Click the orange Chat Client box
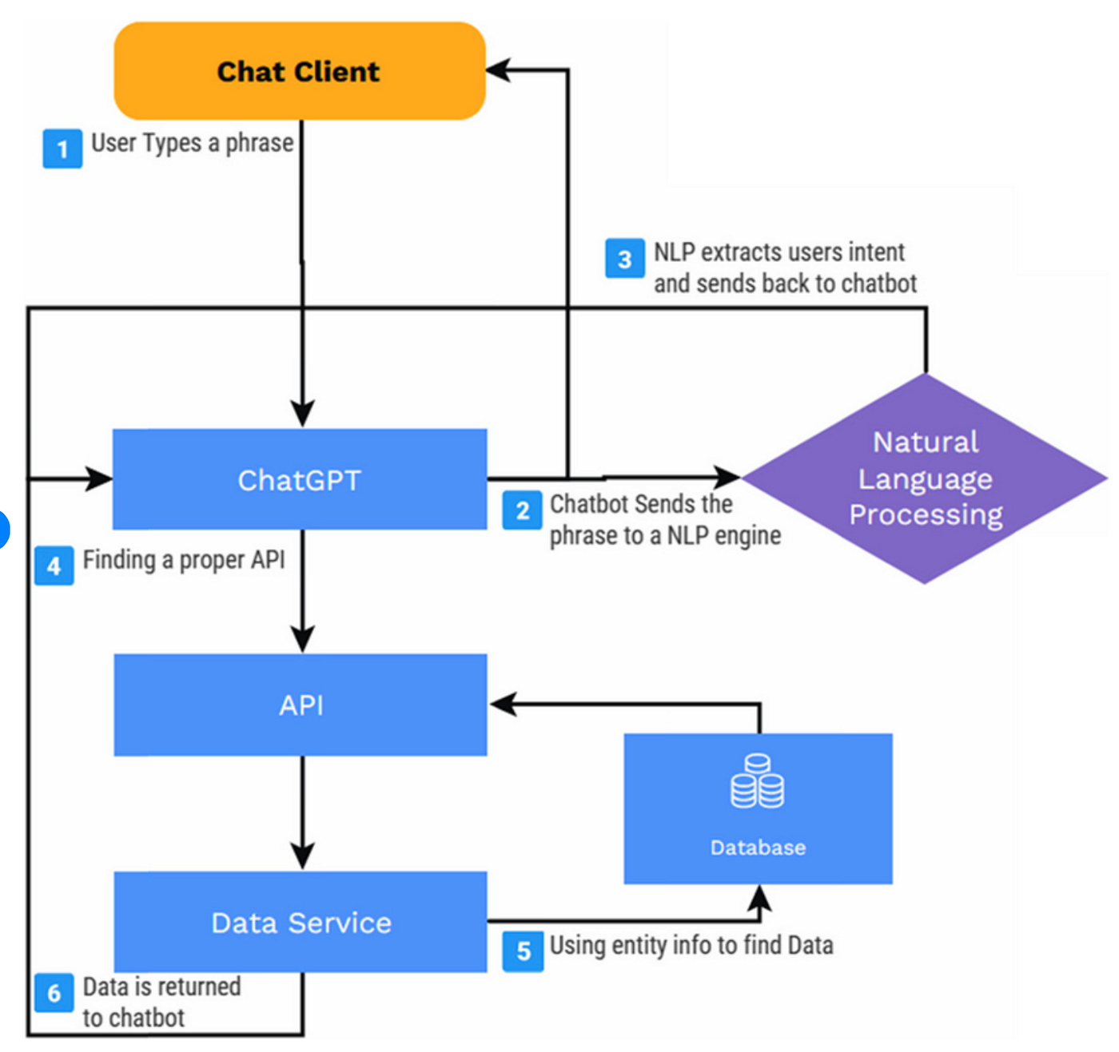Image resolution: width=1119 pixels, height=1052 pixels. (x=300, y=71)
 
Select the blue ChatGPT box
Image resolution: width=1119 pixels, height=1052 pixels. (x=300, y=479)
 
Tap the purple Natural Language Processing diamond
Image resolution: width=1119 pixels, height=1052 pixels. (x=925, y=478)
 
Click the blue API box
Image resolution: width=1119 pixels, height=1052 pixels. (x=301, y=705)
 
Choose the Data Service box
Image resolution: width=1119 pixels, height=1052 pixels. (x=301, y=922)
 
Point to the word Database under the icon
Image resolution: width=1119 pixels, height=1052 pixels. (x=758, y=848)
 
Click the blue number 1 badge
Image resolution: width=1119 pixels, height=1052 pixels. (x=62, y=149)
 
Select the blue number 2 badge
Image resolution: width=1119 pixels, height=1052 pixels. (x=522, y=510)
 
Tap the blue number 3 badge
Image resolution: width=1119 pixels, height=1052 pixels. (x=625, y=258)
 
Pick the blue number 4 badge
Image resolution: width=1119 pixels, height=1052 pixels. (x=54, y=566)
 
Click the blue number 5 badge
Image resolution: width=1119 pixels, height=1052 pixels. (x=523, y=951)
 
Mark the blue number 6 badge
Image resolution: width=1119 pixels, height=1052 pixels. (x=54, y=993)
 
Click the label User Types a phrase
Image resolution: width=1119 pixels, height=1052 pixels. (x=192, y=143)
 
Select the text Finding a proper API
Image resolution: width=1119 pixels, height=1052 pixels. (x=184, y=560)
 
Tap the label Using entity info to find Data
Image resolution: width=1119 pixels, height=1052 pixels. (x=691, y=945)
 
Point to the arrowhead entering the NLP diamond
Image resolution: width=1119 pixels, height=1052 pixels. (x=727, y=477)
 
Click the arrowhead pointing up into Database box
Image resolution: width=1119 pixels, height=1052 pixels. (x=759, y=898)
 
